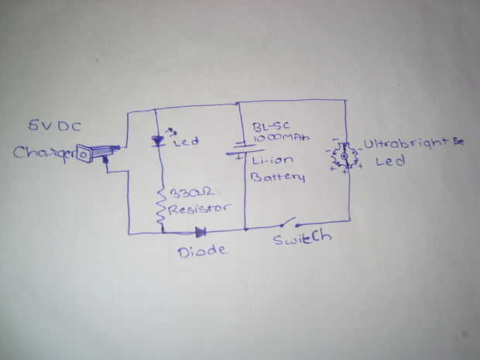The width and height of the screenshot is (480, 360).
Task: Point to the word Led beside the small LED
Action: coord(187,142)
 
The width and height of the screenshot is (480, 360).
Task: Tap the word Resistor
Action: coord(200,209)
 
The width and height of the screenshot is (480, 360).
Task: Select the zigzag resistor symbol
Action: coord(161,205)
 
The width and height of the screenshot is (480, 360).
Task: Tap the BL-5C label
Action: coord(267,126)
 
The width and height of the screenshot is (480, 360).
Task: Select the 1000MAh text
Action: coord(279,137)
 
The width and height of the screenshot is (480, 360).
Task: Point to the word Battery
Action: coord(277,177)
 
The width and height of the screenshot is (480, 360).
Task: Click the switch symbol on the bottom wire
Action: coord(283,225)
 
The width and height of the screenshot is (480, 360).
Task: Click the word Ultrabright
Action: coord(404,144)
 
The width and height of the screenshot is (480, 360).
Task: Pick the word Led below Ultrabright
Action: coord(385,163)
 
